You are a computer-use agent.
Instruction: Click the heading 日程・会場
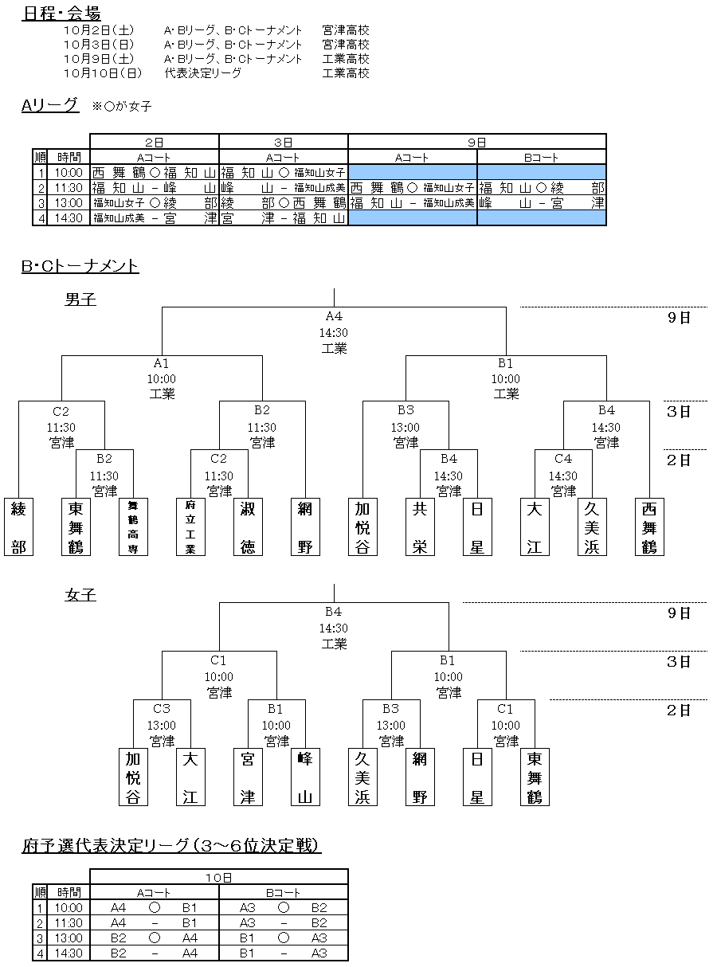(61, 13)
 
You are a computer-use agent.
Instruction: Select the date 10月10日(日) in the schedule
(103, 72)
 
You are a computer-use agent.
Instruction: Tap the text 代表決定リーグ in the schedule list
(203, 72)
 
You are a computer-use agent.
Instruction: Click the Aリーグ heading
(50, 105)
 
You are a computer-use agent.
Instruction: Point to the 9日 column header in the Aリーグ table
(476, 142)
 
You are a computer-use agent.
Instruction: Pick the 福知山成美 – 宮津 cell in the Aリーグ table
(155, 217)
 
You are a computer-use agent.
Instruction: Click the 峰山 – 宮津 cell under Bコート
(541, 202)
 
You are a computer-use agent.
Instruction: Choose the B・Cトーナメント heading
(80, 265)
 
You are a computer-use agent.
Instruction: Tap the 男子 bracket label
(80, 299)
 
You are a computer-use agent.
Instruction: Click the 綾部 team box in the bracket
(19, 527)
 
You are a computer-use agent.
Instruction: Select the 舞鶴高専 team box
(134, 527)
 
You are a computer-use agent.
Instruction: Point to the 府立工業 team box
(190, 527)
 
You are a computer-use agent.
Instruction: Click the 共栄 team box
(420, 527)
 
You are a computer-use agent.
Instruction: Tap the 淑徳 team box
(248, 527)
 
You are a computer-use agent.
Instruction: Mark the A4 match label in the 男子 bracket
(334, 316)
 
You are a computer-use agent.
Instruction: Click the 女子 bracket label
(80, 595)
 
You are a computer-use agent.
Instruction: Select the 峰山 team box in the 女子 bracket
(305, 777)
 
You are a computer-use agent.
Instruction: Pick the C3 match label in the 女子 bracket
(162, 708)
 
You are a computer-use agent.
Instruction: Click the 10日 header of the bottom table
(218, 877)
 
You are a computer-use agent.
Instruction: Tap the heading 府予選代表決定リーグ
(171, 845)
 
